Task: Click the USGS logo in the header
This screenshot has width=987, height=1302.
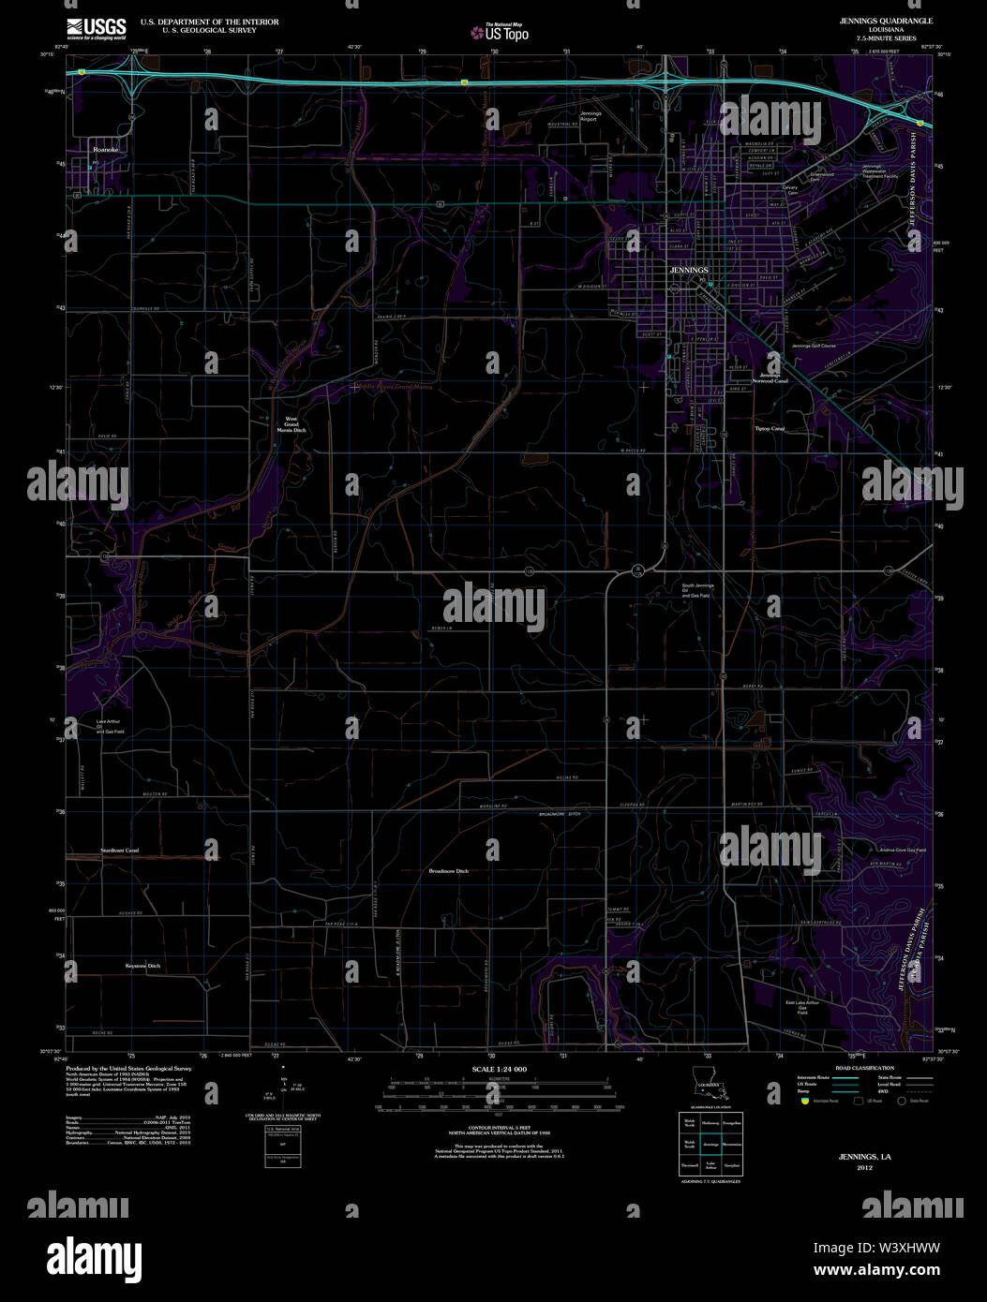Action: [x=95, y=27]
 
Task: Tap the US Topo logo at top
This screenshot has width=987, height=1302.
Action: [x=501, y=33]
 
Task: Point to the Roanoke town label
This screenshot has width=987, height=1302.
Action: [x=105, y=149]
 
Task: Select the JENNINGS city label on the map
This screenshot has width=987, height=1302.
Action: [x=689, y=269]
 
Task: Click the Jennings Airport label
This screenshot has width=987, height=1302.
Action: [x=590, y=116]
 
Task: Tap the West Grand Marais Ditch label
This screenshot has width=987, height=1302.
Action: [x=295, y=424]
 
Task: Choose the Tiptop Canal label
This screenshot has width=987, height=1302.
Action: [x=769, y=428]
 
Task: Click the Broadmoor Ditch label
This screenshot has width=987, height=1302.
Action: [x=448, y=871]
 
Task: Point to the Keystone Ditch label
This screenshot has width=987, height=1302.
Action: [x=142, y=966]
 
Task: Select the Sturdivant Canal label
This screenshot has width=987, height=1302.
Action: [x=119, y=850]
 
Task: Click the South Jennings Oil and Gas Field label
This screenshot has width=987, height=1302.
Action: [x=697, y=591]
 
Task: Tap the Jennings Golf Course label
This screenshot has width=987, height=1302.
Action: [x=813, y=346]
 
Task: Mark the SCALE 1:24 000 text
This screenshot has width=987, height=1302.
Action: [x=499, y=1069]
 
